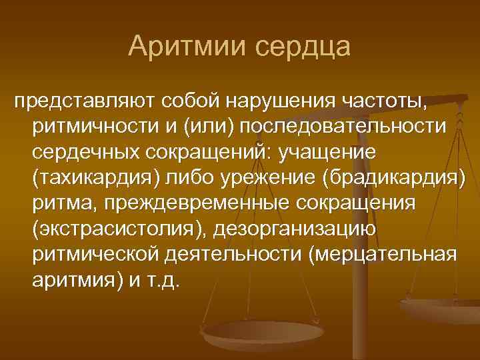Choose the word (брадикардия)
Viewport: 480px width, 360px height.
[x=392, y=177]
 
